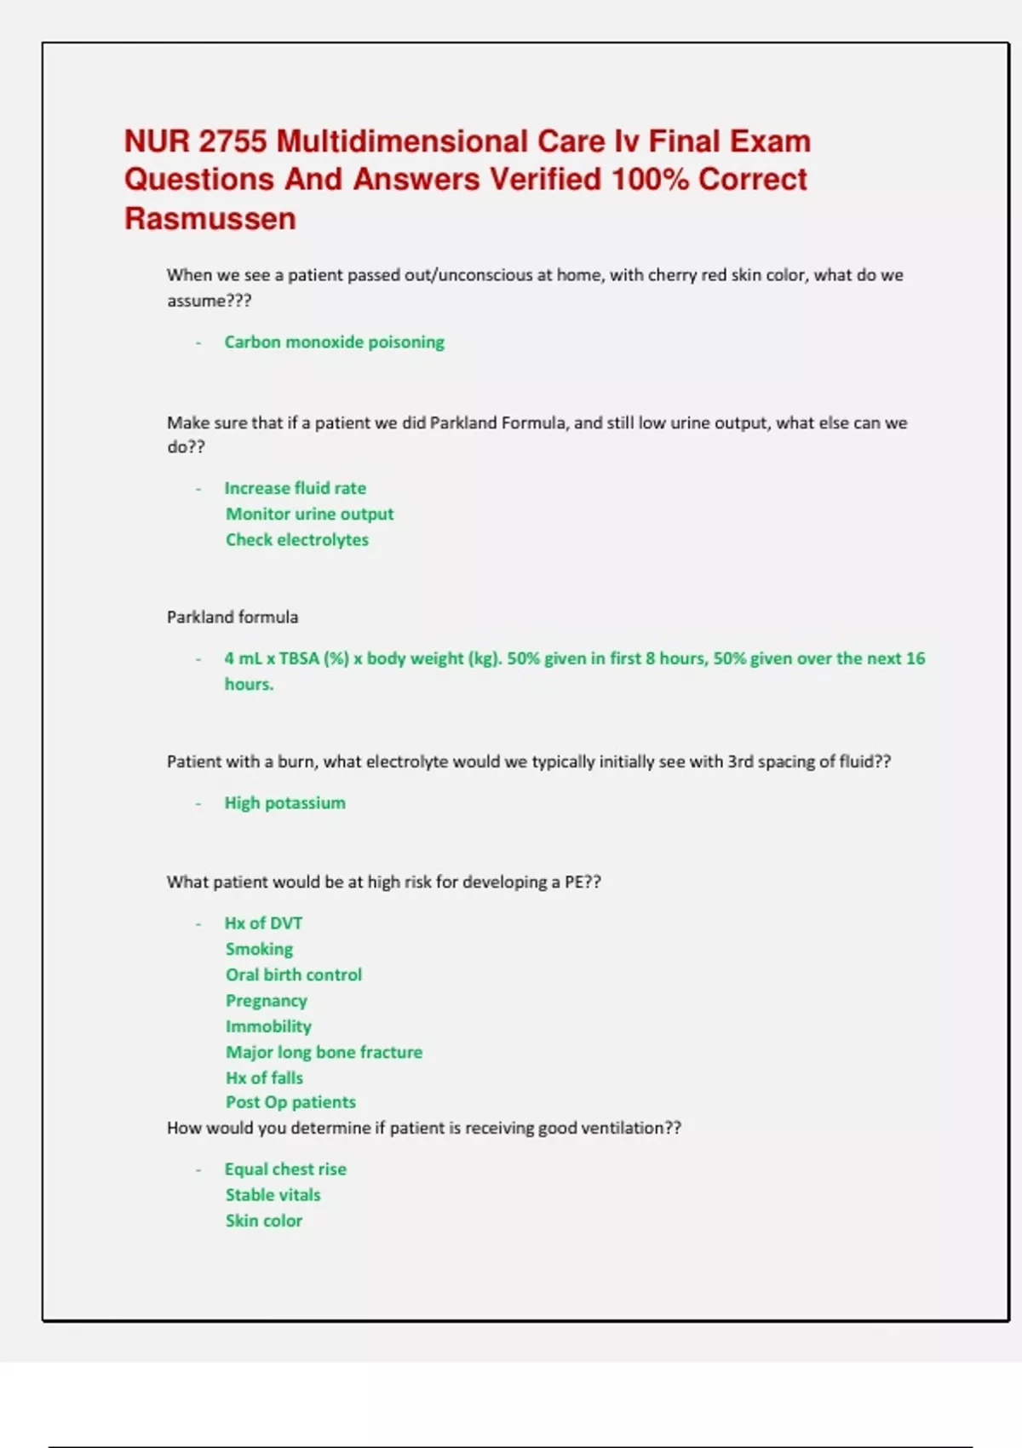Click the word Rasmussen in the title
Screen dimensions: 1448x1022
(x=210, y=219)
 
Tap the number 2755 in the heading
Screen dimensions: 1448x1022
(x=233, y=141)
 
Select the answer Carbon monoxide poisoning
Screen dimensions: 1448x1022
(x=334, y=342)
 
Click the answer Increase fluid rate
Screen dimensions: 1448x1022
(x=295, y=488)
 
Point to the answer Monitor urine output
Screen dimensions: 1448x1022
(x=309, y=514)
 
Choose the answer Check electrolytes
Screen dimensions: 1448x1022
(x=296, y=539)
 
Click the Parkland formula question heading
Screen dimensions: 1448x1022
(x=233, y=617)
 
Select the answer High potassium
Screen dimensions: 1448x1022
(x=284, y=802)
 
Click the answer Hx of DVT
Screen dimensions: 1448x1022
(x=263, y=923)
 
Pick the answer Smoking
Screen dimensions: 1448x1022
(x=259, y=949)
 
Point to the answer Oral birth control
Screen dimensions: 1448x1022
(x=293, y=974)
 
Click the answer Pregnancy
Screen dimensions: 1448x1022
(x=266, y=1001)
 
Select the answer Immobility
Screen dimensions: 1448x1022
(x=268, y=1026)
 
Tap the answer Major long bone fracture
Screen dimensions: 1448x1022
(x=324, y=1052)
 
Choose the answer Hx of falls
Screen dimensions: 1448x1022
(x=264, y=1077)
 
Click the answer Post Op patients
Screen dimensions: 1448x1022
(x=290, y=1102)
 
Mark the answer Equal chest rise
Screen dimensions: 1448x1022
(x=285, y=1169)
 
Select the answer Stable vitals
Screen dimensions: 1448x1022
(x=273, y=1195)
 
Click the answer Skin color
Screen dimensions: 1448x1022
(x=263, y=1221)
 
